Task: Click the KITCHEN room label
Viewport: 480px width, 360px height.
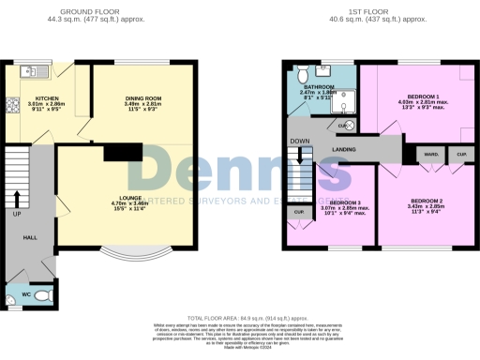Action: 48,98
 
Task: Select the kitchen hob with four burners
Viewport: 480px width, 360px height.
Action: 11,105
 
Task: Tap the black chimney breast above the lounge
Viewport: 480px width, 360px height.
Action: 122,152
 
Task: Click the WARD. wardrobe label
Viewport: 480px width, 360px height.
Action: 432,154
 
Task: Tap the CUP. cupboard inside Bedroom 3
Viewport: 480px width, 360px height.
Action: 300,213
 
